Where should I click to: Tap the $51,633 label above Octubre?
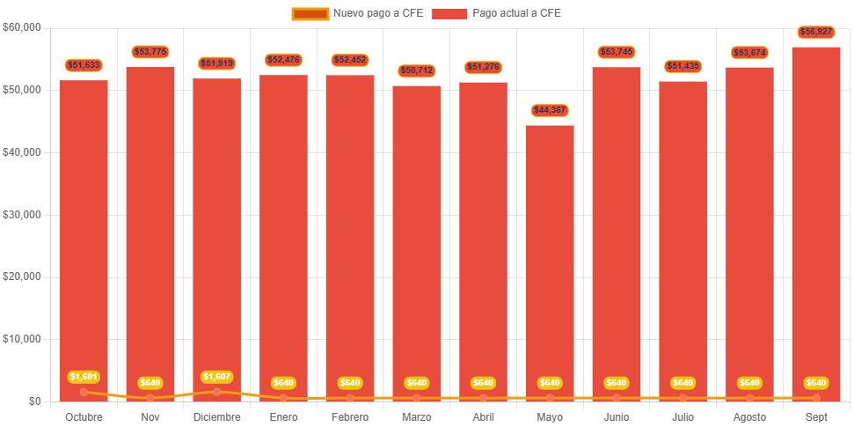pyautogui.click(x=84, y=65)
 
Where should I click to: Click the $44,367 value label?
pyautogui.click(x=550, y=110)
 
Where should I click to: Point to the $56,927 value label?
pyautogui.click(x=816, y=32)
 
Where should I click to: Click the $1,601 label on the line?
pyautogui.click(x=84, y=377)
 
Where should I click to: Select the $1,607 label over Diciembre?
pyautogui.click(x=216, y=377)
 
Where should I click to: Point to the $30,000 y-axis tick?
pyautogui.click(x=22, y=214)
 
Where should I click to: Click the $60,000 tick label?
pyautogui.click(x=22, y=27)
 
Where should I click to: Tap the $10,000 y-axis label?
pyautogui.click(x=22, y=339)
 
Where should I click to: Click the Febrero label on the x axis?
pyautogui.click(x=350, y=416)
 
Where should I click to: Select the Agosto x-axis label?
pyautogui.click(x=749, y=416)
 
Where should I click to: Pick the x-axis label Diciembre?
pyautogui.click(x=216, y=416)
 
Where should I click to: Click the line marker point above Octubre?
pyautogui.click(x=84, y=392)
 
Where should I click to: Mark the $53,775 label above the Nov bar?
pyautogui.click(x=150, y=52)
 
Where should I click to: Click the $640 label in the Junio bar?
pyautogui.click(x=617, y=383)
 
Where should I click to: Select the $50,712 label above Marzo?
pyautogui.click(x=417, y=70)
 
